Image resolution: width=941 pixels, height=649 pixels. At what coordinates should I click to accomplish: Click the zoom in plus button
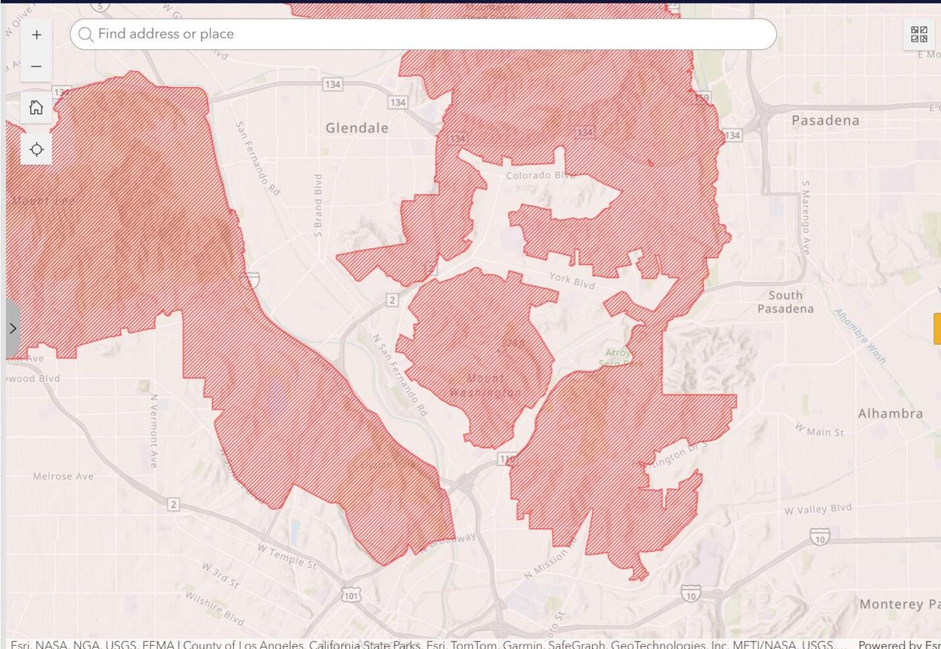click(x=36, y=35)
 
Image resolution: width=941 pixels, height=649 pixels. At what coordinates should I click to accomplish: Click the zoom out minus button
click(x=36, y=67)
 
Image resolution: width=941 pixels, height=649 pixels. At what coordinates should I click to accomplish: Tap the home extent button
click(x=36, y=107)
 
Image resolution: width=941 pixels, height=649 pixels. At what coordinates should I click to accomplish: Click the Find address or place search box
click(x=423, y=34)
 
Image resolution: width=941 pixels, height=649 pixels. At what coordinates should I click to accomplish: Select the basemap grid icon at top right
click(x=919, y=34)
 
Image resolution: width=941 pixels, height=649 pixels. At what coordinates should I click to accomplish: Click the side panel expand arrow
click(x=13, y=329)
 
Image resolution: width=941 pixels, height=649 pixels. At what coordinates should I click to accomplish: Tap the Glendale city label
click(x=357, y=128)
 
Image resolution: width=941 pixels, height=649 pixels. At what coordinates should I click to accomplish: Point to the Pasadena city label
click(x=825, y=121)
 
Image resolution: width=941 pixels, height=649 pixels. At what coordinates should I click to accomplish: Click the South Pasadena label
click(x=785, y=302)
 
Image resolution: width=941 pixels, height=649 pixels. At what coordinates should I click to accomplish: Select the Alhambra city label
click(x=890, y=414)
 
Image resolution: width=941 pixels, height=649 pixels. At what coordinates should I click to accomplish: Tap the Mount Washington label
click(x=485, y=385)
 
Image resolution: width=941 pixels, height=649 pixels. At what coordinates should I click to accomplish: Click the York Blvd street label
click(x=572, y=280)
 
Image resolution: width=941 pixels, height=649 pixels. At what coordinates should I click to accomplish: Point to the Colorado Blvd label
click(x=540, y=175)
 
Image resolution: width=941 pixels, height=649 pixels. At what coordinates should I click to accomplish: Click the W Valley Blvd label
click(x=818, y=509)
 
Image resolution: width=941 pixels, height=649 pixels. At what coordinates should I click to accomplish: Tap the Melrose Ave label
click(x=63, y=476)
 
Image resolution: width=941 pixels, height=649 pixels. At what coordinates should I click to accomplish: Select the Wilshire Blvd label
click(x=214, y=608)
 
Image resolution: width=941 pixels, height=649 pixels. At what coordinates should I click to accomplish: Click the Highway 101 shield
click(x=351, y=596)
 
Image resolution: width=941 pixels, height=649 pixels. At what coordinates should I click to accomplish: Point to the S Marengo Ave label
click(x=805, y=217)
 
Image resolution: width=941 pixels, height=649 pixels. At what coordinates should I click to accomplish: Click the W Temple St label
click(x=286, y=557)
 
